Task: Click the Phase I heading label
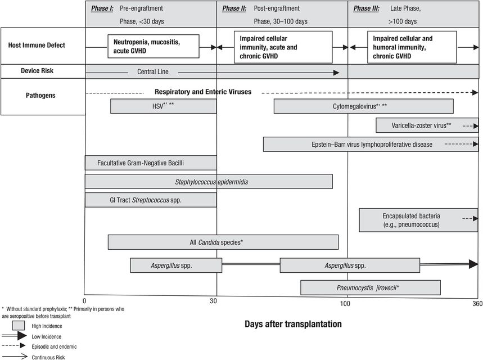tap(103, 8)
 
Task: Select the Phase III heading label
tap(365, 8)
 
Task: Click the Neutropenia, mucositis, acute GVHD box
tap(154, 46)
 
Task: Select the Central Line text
tap(152, 72)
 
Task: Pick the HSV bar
tap(163, 106)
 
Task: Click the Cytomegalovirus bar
tap(363, 106)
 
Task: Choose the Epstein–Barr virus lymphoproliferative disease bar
tap(371, 145)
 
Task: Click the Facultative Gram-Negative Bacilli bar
tap(150, 163)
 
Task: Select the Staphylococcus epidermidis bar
tap(208, 182)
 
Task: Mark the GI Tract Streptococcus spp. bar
tap(150, 200)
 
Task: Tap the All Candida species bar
tap(223, 242)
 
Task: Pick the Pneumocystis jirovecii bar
tap(370, 287)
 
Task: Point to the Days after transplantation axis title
tap(293, 324)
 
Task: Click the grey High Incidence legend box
tap(19, 325)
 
